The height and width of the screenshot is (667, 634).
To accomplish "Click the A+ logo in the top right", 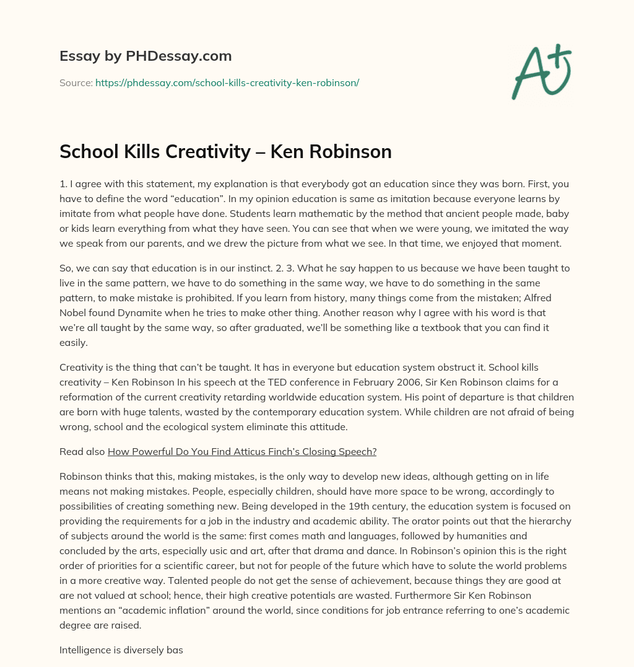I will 541,72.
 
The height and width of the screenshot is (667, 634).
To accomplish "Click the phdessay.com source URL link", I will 227,82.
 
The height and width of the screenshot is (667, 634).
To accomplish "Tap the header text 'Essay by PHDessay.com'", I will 145,56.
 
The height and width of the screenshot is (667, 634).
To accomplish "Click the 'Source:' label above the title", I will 76,82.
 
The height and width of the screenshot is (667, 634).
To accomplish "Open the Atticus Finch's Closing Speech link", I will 242,452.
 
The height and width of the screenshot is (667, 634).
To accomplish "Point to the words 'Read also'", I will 82,452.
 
